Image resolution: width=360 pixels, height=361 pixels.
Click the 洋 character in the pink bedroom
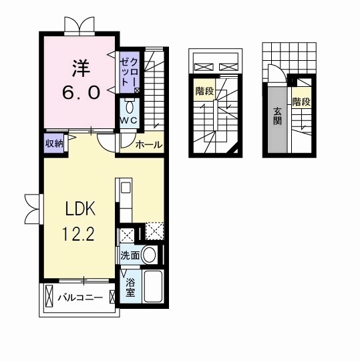pos(81,68)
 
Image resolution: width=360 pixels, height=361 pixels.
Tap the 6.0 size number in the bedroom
pos(81,92)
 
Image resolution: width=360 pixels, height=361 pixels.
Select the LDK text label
pos(80,209)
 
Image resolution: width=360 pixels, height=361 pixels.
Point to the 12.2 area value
pos(78,233)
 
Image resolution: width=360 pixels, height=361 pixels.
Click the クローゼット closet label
pos(130,72)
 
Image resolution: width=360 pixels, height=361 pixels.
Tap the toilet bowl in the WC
pos(130,107)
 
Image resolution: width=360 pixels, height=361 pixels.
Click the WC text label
pos(129,120)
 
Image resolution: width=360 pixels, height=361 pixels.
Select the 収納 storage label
pos(54,144)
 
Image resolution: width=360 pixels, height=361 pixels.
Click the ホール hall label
pos(149,145)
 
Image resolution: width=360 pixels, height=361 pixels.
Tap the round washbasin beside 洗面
pos(149,255)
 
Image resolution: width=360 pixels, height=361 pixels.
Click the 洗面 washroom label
pos(130,255)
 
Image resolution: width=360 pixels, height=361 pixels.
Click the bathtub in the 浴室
pos(154,286)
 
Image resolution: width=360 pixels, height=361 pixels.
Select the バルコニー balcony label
pos(80,297)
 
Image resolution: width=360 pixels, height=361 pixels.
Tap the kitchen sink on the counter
pos(126,187)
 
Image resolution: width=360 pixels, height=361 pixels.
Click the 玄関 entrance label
pos(277,116)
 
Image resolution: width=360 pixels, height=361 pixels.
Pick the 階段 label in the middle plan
pos(204,92)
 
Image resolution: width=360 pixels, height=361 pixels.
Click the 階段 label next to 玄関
pos(301,102)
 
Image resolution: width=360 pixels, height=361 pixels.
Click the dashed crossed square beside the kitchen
pos(154,231)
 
